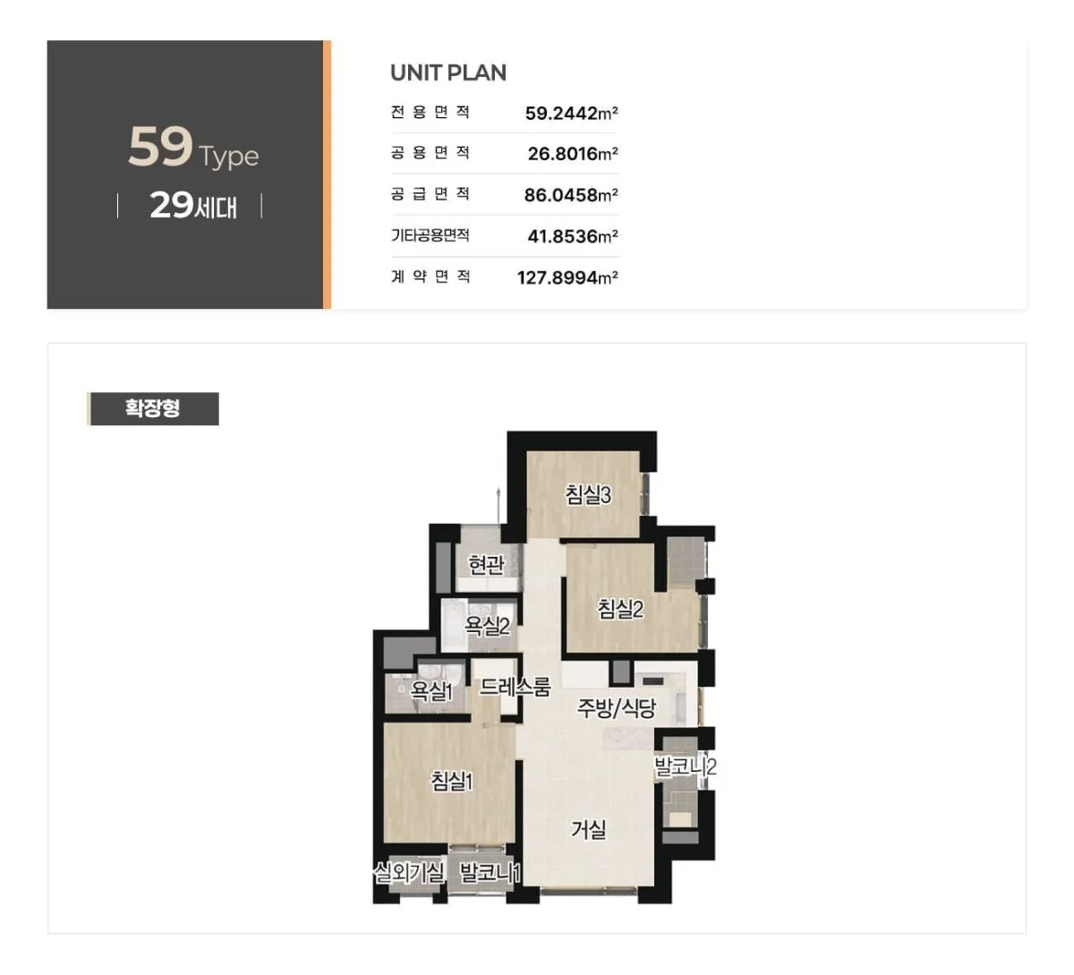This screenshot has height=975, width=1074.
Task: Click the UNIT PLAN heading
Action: [x=448, y=73]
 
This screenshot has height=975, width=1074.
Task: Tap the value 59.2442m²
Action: [x=571, y=113]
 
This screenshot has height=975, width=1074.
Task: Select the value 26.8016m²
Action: [x=573, y=154]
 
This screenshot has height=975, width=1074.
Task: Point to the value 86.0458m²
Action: [x=571, y=195]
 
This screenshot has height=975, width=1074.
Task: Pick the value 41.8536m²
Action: [x=573, y=236]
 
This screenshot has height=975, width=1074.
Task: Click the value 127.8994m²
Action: [x=567, y=278]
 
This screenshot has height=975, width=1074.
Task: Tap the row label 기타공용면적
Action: [x=430, y=235]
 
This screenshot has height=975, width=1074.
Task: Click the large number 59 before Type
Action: [x=160, y=146]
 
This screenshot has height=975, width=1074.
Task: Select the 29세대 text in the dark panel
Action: [x=193, y=206]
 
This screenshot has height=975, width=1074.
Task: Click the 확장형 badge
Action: [x=152, y=409]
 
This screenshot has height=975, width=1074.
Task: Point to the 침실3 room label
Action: [x=588, y=494]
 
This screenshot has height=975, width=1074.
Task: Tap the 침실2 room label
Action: [x=620, y=609]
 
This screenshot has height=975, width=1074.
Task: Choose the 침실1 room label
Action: [x=452, y=781]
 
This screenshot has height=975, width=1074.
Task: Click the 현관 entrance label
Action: [x=486, y=565]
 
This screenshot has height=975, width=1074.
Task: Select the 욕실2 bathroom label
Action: [x=487, y=625]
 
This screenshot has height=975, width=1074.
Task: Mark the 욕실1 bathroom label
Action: [x=431, y=691]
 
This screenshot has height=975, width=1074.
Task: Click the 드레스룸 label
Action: [x=515, y=686]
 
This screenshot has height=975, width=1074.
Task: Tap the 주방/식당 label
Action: [x=617, y=707]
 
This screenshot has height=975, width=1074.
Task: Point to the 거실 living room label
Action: [x=589, y=830]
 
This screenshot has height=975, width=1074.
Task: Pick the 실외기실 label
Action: [x=409, y=875]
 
